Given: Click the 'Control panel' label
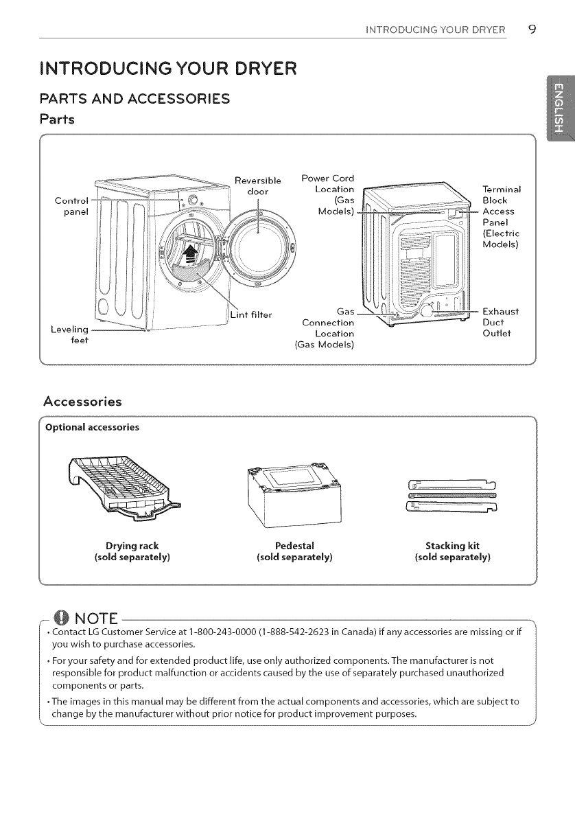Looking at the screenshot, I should pyautogui.click(x=71, y=206).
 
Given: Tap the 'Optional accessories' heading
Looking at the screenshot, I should pyautogui.click(x=92, y=427).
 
